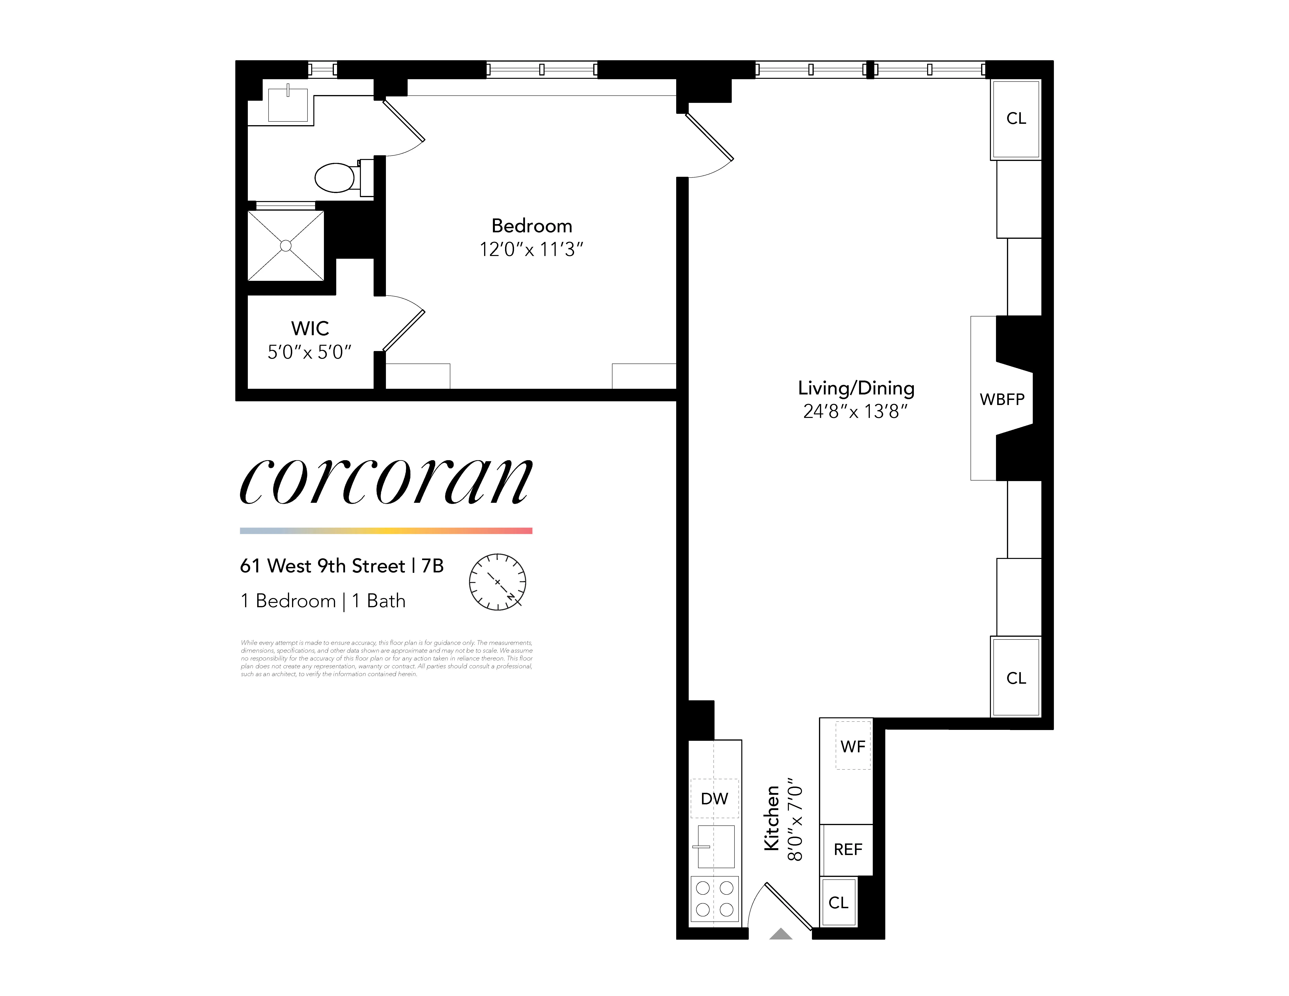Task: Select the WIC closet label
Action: [310, 328]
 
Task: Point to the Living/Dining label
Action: [856, 388]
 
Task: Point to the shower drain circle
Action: [286, 245]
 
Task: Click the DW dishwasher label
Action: [714, 799]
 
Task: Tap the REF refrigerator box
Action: [848, 850]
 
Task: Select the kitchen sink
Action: [716, 847]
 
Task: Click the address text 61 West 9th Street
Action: [322, 566]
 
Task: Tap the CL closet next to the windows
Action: [1016, 119]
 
